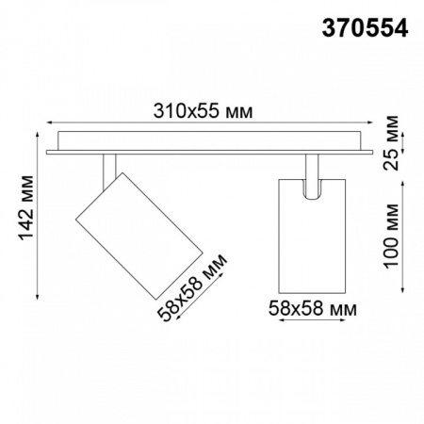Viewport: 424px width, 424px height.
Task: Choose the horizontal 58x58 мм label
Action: point(313,306)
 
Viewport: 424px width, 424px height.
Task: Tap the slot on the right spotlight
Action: point(312,188)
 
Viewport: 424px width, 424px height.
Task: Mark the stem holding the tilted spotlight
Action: point(109,164)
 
